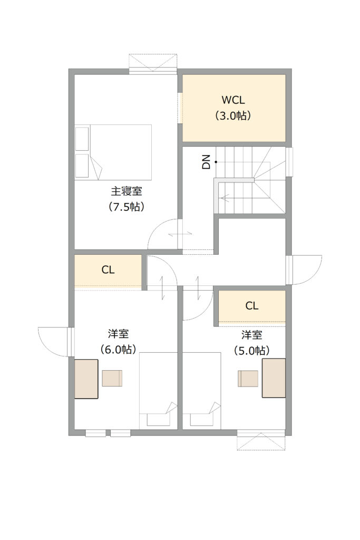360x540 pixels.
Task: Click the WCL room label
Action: [233, 100]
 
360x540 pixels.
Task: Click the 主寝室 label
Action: [127, 191]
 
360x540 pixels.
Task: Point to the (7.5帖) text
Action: [127, 207]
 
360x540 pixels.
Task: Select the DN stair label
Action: [206, 162]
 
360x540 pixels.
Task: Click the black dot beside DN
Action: [216, 162]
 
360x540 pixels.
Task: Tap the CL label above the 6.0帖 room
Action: [108, 269]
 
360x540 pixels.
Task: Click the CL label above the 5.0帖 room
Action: [251, 305]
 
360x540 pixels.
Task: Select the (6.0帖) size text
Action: [118, 349]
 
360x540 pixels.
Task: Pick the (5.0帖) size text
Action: [251, 351]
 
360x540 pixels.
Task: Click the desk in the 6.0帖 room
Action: [86, 379]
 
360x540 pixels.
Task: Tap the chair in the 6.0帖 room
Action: [112, 379]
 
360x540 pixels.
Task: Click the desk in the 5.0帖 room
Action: [274, 378]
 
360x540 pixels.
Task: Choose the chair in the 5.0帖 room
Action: [248, 379]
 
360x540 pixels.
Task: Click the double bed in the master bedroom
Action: [113, 152]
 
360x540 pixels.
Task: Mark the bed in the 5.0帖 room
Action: [202, 391]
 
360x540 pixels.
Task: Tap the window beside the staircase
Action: [289, 162]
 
